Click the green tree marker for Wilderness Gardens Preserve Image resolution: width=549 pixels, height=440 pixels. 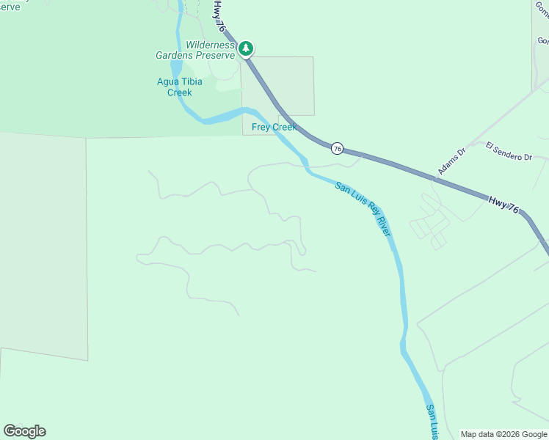click(247, 49)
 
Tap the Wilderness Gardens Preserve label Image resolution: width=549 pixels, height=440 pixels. click(195, 50)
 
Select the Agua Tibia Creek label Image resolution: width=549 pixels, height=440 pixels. click(175, 87)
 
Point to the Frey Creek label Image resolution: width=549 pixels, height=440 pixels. click(274, 127)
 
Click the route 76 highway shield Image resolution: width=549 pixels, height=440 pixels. click(337, 148)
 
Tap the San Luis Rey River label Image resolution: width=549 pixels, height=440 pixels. click(363, 208)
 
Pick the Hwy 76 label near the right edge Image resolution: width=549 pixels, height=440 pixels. click(503, 205)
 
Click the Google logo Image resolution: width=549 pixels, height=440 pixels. click(24, 431)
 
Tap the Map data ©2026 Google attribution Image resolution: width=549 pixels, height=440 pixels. click(504, 434)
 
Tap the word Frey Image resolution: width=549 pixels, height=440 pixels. click(262, 127)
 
